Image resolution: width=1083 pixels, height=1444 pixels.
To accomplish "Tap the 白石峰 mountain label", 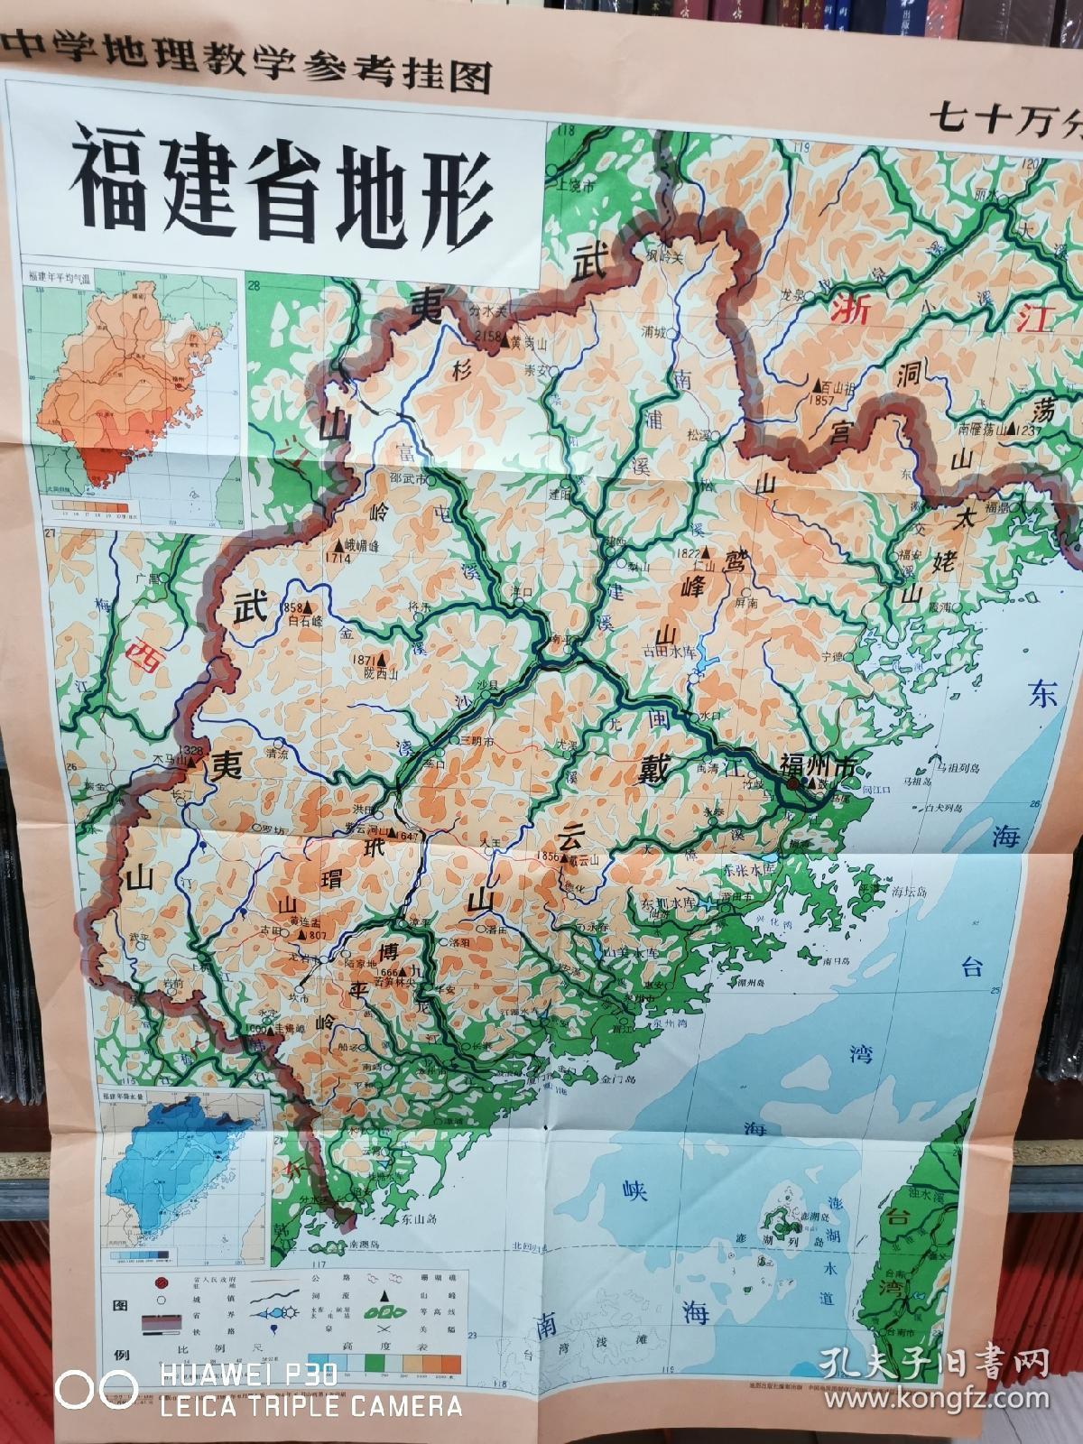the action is point(305,621).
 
